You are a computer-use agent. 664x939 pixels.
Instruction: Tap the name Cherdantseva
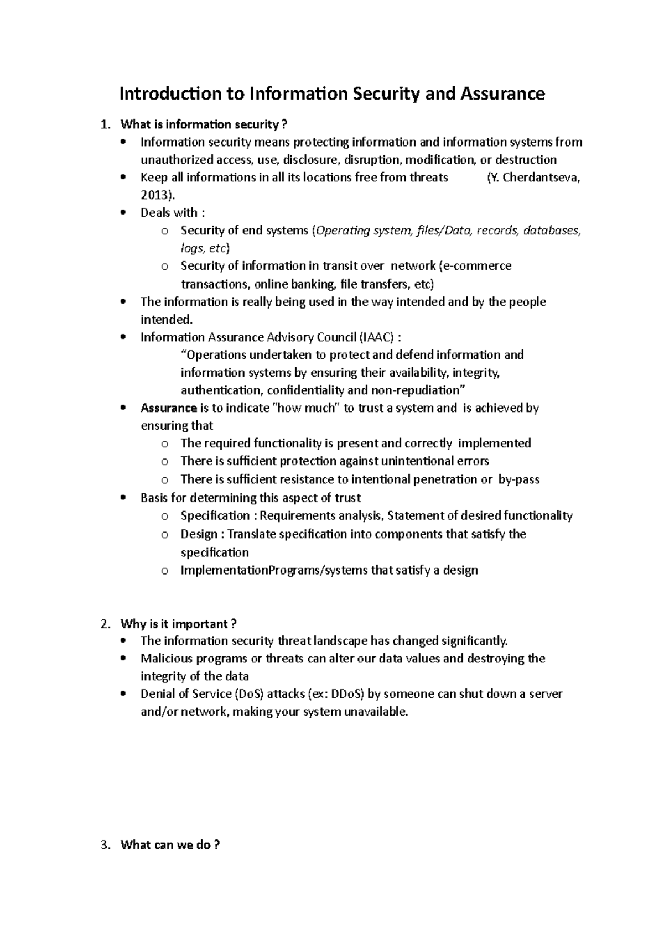[x=541, y=178]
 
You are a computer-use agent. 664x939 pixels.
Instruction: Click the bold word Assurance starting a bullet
[x=169, y=408]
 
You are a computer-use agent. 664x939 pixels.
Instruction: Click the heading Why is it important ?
[x=179, y=624]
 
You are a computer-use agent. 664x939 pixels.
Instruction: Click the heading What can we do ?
[x=170, y=845]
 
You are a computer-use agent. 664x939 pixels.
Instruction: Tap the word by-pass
[x=518, y=479]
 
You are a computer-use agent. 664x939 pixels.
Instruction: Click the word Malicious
[x=165, y=659]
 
